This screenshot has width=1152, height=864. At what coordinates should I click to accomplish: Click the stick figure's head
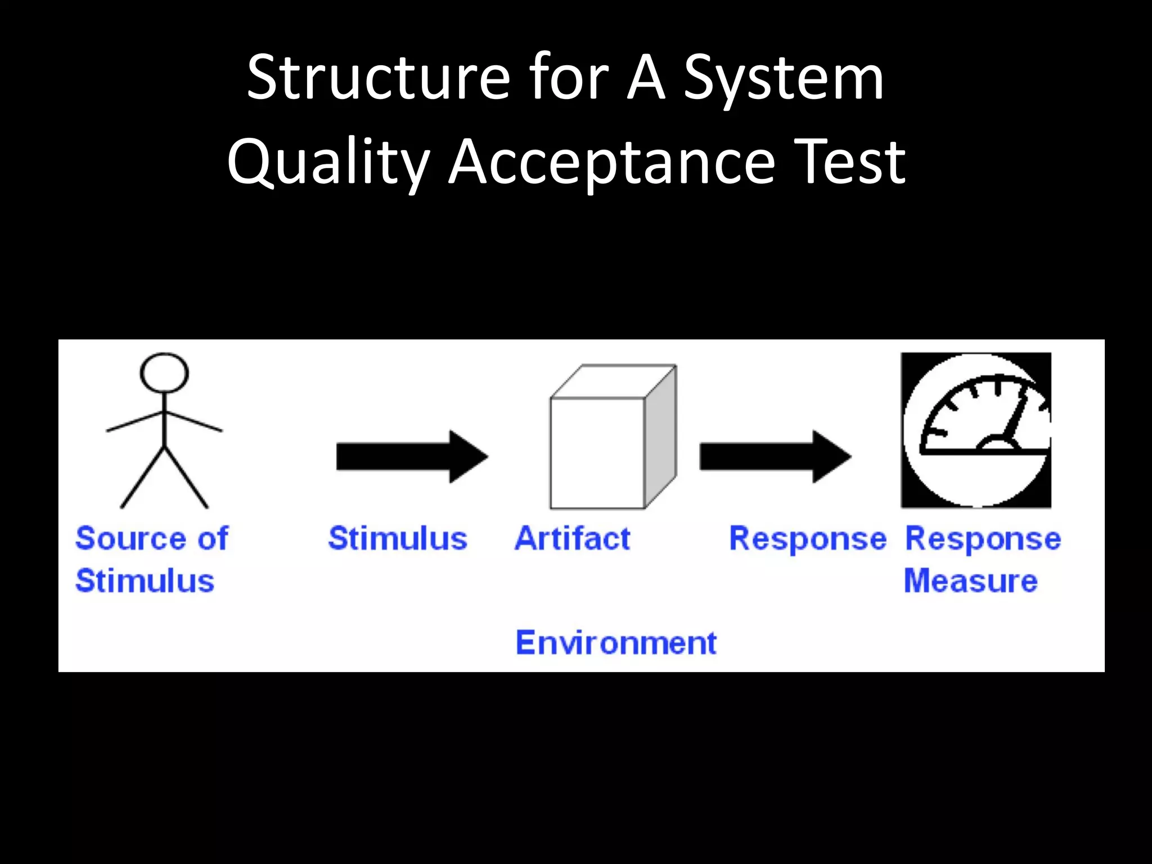[164, 372]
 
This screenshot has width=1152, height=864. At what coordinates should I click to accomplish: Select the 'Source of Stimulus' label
[151, 559]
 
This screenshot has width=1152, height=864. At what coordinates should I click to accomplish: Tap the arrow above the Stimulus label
[411, 456]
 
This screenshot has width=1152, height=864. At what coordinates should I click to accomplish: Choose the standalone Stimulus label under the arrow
[398, 538]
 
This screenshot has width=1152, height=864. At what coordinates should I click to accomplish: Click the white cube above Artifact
[597, 453]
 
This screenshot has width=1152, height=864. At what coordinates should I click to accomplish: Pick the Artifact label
[573, 538]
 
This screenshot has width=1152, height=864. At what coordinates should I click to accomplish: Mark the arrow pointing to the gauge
[775, 456]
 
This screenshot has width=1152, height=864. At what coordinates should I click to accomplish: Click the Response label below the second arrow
[807, 539]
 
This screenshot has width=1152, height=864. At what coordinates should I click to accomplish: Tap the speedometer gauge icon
[976, 430]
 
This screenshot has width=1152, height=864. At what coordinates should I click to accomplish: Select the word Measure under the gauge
[970, 580]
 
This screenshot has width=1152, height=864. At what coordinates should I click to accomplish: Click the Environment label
[616, 643]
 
